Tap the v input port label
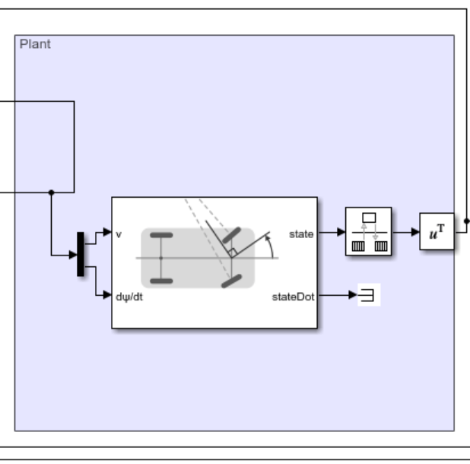(119, 234)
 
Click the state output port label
(301, 234)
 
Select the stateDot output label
(294, 296)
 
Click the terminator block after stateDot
(369, 296)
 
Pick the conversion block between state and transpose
(368, 232)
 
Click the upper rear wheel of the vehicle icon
(160, 237)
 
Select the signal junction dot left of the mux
(51, 192)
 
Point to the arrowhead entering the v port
(107, 234)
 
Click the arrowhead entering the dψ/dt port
(107, 296)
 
